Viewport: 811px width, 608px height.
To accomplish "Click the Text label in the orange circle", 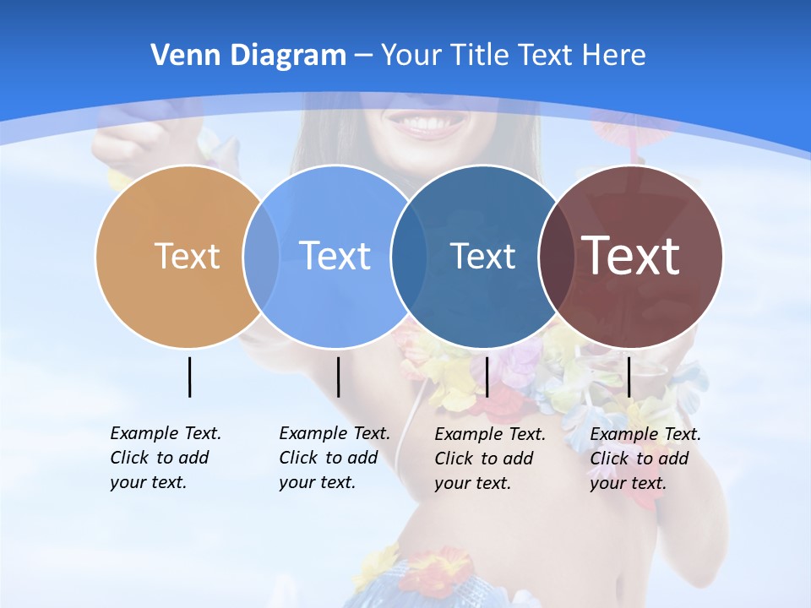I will [187, 256].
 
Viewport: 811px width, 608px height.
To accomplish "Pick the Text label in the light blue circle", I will [335, 256].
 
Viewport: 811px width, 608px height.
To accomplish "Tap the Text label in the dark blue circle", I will [482, 256].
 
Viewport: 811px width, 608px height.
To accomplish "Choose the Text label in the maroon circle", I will [631, 256].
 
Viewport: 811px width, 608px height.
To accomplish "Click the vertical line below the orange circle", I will [189, 377].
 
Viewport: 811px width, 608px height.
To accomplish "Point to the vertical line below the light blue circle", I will [338, 377].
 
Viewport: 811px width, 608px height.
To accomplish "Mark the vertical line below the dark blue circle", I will [487, 377].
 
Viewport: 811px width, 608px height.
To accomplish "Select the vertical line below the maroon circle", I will [629, 377].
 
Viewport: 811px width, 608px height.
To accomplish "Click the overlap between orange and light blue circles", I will [261, 256].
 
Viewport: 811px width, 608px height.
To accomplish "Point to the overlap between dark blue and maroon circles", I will [555, 256].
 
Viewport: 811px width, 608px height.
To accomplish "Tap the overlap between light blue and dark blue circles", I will [409, 256].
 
